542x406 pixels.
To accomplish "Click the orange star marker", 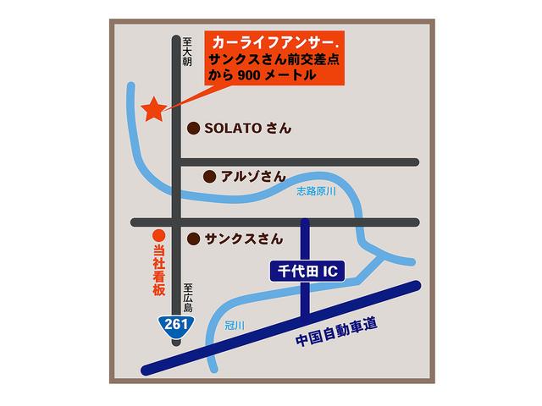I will pos(153,109).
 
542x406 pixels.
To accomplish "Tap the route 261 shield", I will pos(177,326).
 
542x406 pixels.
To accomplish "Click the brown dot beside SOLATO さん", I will pos(192,129).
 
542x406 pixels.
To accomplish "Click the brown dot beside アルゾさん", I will pos(208,177).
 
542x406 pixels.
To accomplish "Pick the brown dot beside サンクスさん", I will pos(192,239).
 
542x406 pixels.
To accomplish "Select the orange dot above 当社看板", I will pos(157,238).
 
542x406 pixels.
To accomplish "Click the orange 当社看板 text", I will pos(158,271).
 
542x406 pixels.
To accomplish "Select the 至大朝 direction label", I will pos(187,52).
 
